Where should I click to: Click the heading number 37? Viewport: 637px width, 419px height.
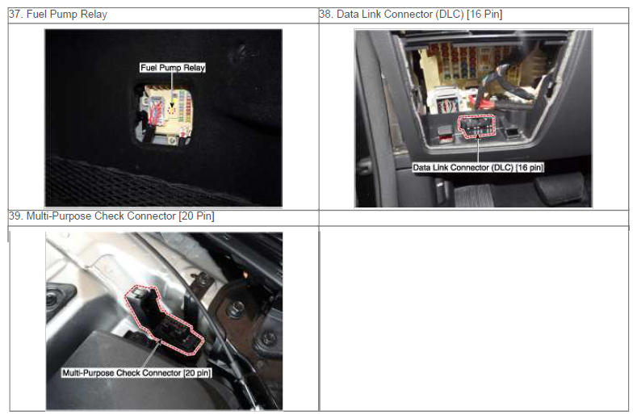pos(15,15)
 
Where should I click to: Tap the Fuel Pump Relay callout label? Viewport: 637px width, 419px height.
pos(172,68)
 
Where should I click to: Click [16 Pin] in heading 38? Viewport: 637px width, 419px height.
pos(484,15)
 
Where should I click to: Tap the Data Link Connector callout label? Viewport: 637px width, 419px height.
pos(478,167)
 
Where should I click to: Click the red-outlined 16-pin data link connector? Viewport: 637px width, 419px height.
pos(477,126)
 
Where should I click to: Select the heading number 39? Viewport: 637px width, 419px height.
pos(15,216)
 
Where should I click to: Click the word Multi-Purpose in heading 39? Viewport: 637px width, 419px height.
pos(59,216)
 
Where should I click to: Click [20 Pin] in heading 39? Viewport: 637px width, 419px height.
pos(196,216)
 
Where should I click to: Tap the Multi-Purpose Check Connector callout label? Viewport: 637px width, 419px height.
pos(136,373)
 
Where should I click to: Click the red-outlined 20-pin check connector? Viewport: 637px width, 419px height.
pos(162,321)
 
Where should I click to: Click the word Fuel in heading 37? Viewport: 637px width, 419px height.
pos(35,15)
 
